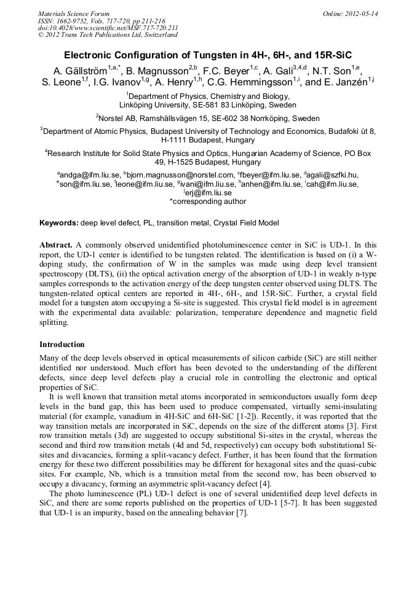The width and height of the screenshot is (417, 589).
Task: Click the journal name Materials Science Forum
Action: tap(74, 14)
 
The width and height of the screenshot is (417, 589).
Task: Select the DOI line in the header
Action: tap(108, 28)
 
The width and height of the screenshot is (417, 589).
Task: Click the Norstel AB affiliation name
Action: tap(121, 118)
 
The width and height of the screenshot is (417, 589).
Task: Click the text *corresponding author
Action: tap(207, 201)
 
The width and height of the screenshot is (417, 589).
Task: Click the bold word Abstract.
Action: tap(57, 244)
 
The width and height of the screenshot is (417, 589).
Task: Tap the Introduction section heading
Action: tap(62, 345)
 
